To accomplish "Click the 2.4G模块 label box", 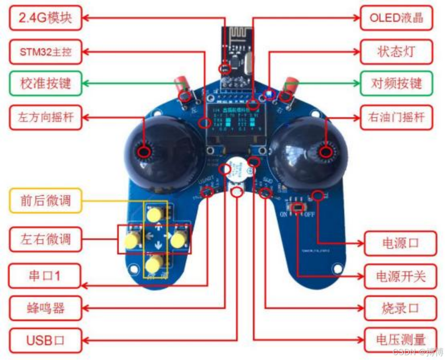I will [45, 18].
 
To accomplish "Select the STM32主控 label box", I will [45, 51].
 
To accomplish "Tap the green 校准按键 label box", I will [45, 84].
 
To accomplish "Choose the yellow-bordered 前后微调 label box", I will [45, 200].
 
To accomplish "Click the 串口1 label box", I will [45, 276].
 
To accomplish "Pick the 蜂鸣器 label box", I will [45, 308].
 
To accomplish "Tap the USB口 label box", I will [45, 341].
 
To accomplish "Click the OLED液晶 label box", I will [396, 18].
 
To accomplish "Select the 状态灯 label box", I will [396, 51].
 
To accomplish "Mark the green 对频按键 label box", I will [396, 84].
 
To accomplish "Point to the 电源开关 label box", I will [400, 276].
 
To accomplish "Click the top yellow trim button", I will [154, 215].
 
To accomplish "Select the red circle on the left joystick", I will [145, 152].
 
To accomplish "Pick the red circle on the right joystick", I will [326, 152].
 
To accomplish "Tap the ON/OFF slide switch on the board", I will [298, 208].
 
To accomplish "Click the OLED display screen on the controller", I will [233, 121].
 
